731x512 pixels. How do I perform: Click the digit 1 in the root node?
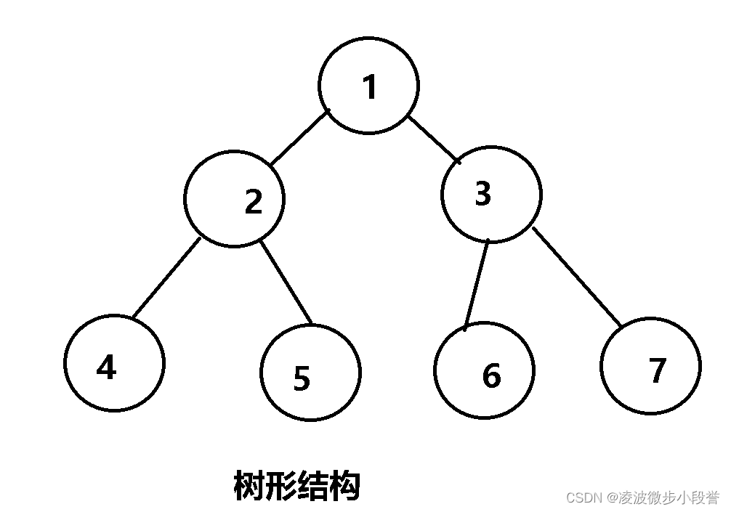click(370, 87)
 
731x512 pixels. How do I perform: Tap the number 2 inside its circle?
click(253, 201)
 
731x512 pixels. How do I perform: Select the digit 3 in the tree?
click(482, 194)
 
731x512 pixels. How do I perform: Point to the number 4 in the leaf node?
click(106, 368)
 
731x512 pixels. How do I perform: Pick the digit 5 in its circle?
click(302, 379)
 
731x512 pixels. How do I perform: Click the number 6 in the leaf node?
click(491, 375)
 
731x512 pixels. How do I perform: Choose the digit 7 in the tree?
click(657, 370)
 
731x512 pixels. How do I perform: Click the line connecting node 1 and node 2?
click(300, 137)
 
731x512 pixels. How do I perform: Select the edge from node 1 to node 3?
click(433, 139)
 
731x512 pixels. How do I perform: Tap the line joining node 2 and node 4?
click(166, 278)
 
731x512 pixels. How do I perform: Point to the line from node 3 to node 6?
click(477, 284)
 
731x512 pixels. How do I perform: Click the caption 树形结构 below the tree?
click(297, 486)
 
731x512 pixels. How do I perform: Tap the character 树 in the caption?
click(249, 486)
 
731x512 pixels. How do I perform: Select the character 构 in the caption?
click(345, 486)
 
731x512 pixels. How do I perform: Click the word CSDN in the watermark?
click(581, 497)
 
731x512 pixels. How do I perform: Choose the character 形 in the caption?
click(281, 486)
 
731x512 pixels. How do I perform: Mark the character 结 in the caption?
click(313, 486)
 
